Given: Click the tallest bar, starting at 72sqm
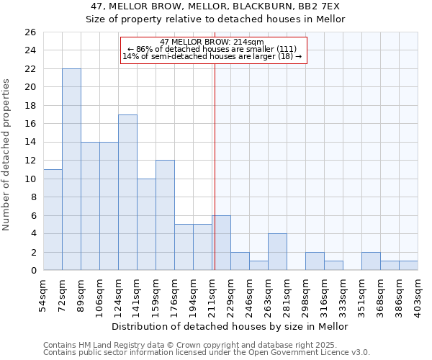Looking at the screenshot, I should coord(71,170).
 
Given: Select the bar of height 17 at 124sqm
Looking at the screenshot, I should coord(127,192).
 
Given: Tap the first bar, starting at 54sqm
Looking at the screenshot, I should coord(53,220).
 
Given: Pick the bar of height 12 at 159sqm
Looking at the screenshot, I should coord(165,215).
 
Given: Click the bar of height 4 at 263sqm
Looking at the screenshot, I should coord(277,252).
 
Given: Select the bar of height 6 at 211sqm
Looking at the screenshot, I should coord(221,243).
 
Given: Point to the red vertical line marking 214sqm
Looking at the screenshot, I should coord(215,166).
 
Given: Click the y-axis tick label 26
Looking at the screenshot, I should coord(30,32).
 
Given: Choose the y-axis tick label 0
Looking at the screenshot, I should coord(32,271).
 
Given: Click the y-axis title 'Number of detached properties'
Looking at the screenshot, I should coord(7,151).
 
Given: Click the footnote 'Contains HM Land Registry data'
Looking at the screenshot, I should coord(108,345).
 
